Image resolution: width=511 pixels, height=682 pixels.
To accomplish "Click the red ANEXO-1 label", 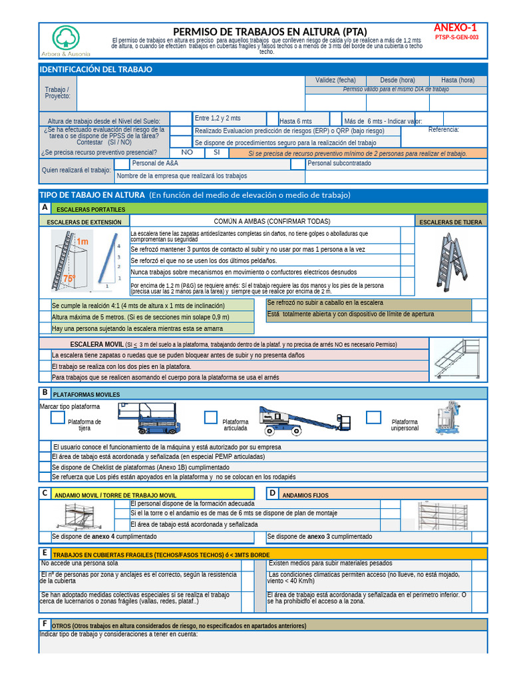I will pos(456,28).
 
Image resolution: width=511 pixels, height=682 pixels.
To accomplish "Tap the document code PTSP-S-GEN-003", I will pos(456,38).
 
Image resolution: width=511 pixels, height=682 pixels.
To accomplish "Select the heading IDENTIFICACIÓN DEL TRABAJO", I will pos(96,69).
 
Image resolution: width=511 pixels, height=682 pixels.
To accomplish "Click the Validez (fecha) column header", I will pos(335,80).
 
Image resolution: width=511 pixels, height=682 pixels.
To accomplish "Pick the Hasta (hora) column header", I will pos(458,80).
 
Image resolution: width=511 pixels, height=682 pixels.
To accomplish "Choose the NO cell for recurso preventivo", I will pos(188,153).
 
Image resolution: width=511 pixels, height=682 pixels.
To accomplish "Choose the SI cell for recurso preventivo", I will pos(217,153).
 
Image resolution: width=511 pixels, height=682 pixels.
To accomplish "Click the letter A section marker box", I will pos(45,208).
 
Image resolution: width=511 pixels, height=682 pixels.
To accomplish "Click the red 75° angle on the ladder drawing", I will pos(69,280).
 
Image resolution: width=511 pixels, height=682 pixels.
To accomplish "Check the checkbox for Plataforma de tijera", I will pos(58,417).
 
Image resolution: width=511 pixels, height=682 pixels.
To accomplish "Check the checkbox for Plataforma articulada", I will pos(211,417).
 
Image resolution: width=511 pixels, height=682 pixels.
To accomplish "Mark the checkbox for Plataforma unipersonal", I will pos(374,417).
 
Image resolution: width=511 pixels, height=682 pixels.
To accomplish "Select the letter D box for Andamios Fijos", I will pos(272,494).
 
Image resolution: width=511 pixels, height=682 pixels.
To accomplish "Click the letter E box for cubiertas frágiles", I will pos(45,553).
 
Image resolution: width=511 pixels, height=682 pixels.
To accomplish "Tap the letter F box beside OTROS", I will pos(45,624).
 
